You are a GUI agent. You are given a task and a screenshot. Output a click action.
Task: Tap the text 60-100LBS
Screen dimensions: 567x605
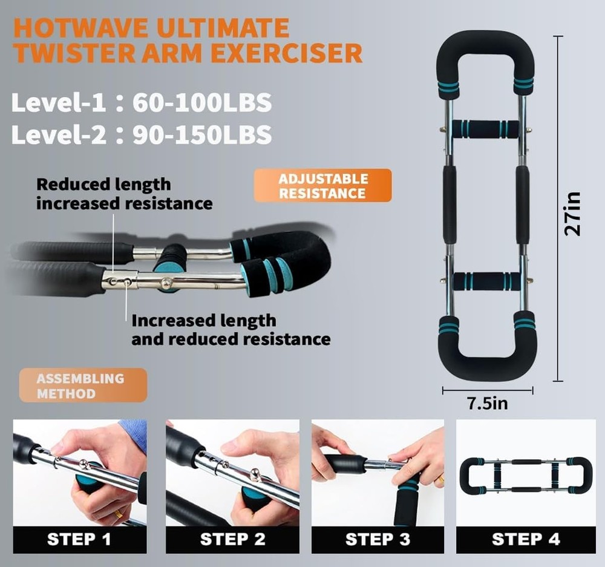click(202, 103)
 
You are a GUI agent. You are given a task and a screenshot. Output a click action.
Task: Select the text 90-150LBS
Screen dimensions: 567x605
click(202, 134)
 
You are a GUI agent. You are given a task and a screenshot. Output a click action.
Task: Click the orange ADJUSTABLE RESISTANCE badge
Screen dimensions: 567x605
click(323, 186)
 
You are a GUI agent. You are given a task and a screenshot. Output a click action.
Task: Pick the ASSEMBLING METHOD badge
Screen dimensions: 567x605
click(83, 385)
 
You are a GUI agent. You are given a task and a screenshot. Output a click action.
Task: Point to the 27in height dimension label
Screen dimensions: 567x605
click(573, 213)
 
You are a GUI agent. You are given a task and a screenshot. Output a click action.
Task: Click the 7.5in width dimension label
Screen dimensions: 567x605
click(488, 403)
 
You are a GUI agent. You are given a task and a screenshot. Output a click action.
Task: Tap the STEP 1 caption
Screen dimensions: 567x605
click(79, 539)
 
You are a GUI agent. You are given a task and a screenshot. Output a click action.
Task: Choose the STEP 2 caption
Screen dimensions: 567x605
click(232, 539)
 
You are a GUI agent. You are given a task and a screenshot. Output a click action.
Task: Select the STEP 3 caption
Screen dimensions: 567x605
click(378, 539)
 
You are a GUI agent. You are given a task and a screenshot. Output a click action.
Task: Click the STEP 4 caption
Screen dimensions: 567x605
click(525, 539)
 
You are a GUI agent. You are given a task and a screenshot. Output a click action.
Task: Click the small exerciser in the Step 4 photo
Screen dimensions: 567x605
click(525, 475)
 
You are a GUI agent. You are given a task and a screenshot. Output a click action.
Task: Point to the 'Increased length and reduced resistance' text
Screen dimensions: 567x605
click(231, 329)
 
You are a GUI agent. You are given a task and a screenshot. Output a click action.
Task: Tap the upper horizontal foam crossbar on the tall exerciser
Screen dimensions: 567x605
click(486, 128)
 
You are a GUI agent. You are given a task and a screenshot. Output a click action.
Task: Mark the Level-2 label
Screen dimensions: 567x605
click(57, 134)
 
